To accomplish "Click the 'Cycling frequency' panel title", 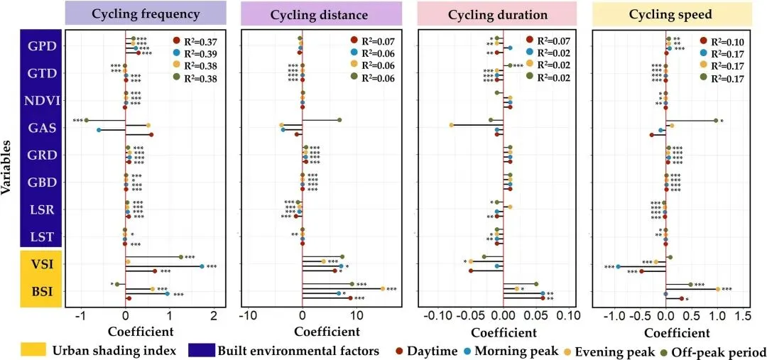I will pyautogui.click(x=145, y=13).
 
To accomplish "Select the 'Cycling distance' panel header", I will pyautogui.click(x=321, y=13).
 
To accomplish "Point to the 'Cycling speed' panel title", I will pyautogui.click(x=672, y=13).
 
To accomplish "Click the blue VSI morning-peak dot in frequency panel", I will pyautogui.click(x=202, y=266).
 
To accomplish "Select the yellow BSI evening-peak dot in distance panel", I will pyautogui.click(x=383, y=288).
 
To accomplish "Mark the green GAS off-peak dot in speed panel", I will pyautogui.click(x=716, y=121).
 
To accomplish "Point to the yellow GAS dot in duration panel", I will pyautogui.click(x=452, y=126).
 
